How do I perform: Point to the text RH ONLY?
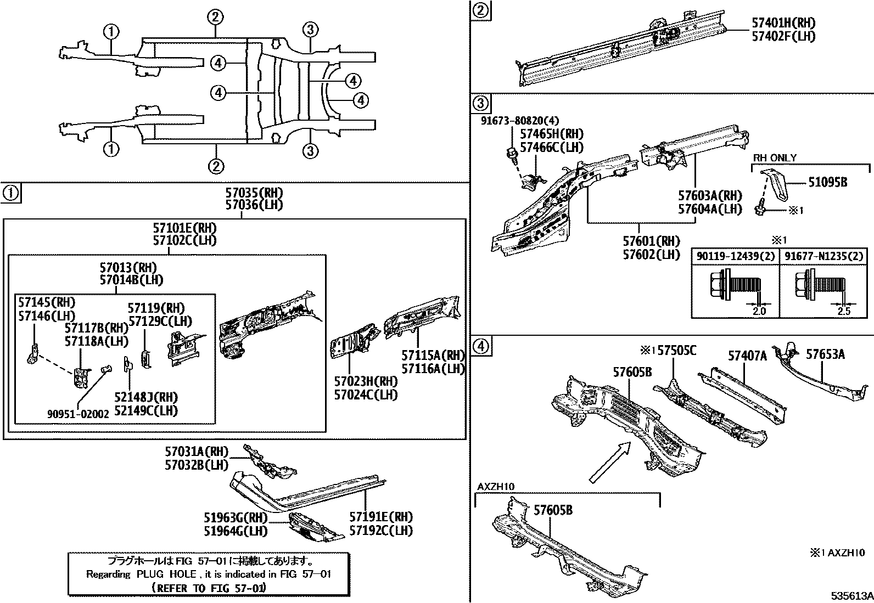point(774,158)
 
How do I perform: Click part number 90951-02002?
point(77,414)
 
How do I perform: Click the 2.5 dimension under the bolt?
point(844,311)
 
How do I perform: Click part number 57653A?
point(825,354)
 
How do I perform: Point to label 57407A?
point(747,356)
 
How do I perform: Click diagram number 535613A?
point(851,596)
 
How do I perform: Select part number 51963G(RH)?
point(236,517)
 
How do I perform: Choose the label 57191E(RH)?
point(381,517)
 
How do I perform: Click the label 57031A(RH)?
point(197,451)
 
